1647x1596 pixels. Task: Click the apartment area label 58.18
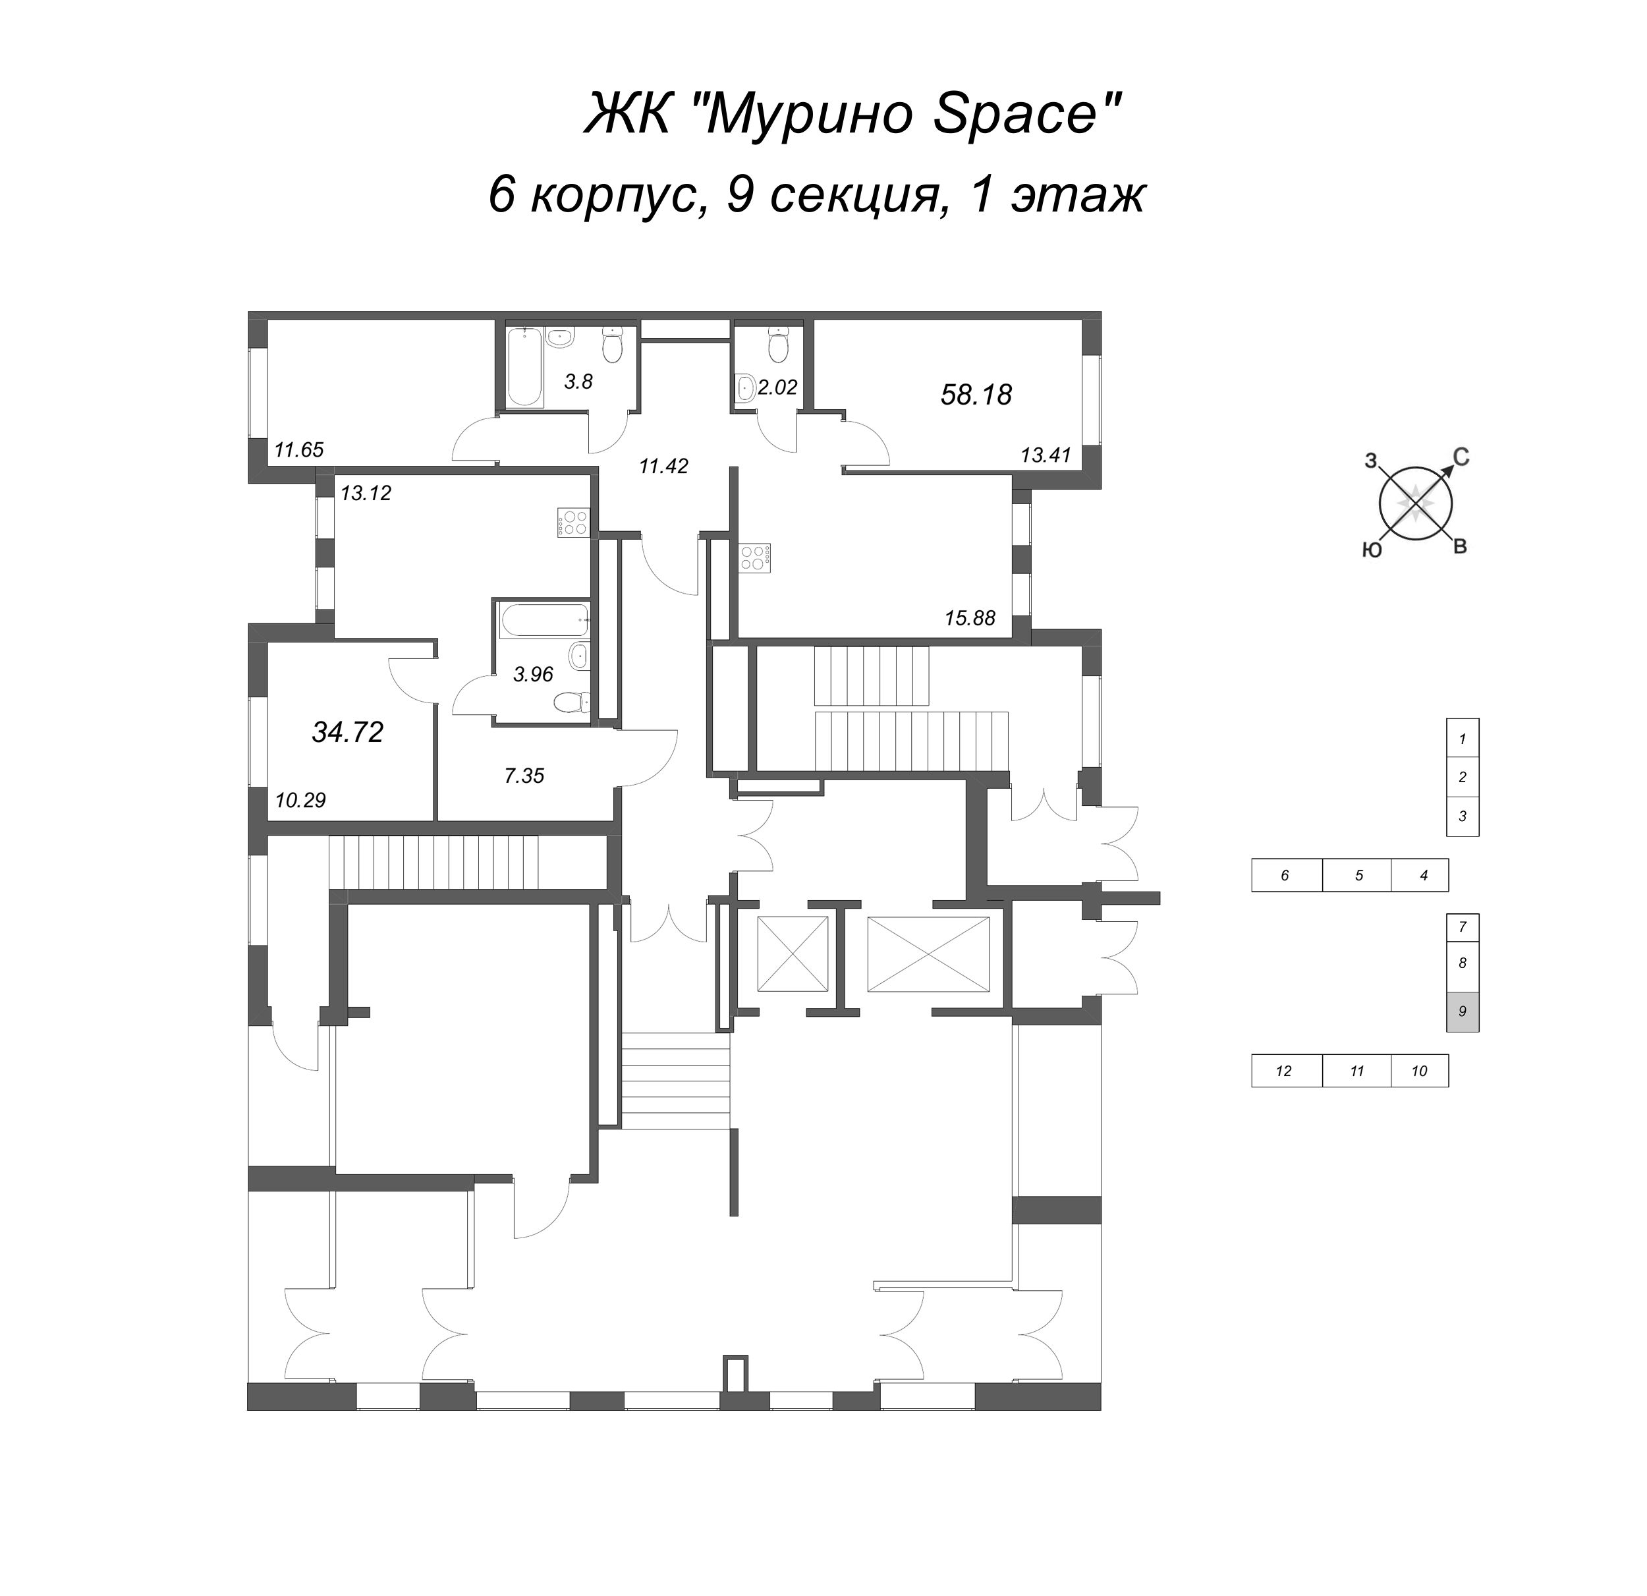click(x=976, y=395)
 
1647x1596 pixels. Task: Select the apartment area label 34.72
click(x=347, y=732)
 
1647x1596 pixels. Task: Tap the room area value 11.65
click(x=298, y=449)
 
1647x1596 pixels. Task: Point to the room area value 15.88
click(x=969, y=619)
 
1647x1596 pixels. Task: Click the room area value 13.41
click(x=1046, y=455)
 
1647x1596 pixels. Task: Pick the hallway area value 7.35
click(x=524, y=776)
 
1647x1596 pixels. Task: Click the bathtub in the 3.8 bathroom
click(x=525, y=366)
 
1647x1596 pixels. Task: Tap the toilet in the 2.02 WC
click(x=779, y=344)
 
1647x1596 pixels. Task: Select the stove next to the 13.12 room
click(x=574, y=523)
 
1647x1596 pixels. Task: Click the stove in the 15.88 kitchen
click(x=754, y=558)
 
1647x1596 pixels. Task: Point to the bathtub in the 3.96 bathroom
click(x=543, y=619)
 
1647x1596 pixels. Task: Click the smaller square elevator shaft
click(x=793, y=953)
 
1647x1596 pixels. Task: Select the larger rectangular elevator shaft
click(x=928, y=953)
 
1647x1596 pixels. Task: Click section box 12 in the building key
click(x=1283, y=1071)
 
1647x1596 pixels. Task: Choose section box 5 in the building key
click(x=1358, y=875)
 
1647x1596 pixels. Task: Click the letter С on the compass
click(x=1461, y=457)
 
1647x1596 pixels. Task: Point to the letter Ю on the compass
click(x=1372, y=550)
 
